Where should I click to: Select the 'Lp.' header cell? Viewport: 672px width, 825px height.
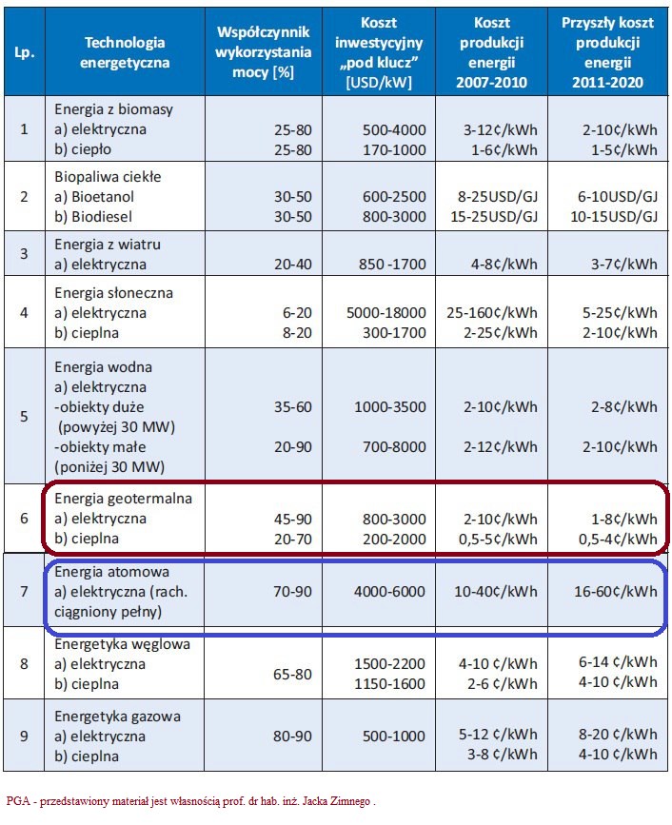pyautogui.click(x=23, y=53)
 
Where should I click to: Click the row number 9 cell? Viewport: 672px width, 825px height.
pyautogui.click(x=23, y=735)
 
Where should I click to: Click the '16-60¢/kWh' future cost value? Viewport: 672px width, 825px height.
pyautogui.click(x=609, y=592)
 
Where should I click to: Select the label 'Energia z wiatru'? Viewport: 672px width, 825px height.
pyautogui.click(x=108, y=245)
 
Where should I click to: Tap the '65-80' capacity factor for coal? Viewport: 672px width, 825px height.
pyautogui.click(x=293, y=674)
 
